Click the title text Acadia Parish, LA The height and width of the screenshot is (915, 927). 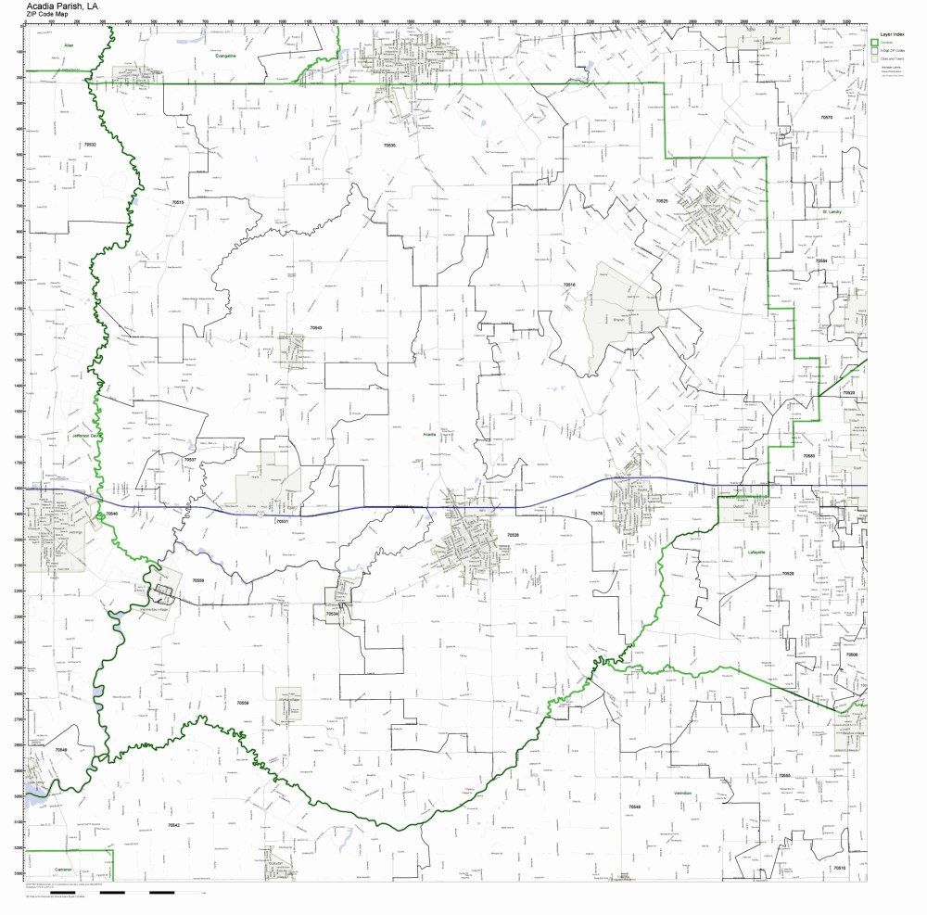click(x=63, y=5)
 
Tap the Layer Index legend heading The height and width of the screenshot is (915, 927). click(x=893, y=33)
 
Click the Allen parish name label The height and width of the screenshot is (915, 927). click(x=68, y=44)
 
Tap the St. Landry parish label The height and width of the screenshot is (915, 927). click(x=830, y=212)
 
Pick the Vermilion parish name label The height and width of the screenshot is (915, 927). click(x=683, y=794)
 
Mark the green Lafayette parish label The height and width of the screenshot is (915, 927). click(x=756, y=553)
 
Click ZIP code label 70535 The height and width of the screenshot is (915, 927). click(x=389, y=146)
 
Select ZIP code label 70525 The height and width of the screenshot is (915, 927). click(x=661, y=200)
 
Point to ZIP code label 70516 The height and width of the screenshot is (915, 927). click(x=569, y=286)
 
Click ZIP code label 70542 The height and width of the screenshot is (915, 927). click(x=172, y=824)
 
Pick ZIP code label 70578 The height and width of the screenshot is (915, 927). click(x=596, y=513)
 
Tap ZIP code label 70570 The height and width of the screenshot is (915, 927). click(x=826, y=118)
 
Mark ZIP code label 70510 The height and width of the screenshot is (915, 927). click(x=838, y=868)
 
